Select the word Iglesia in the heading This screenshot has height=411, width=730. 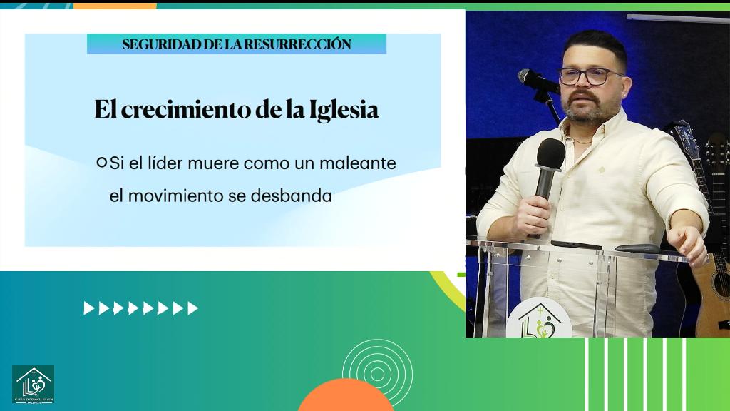point(344,111)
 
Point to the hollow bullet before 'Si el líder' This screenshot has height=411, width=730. point(101,163)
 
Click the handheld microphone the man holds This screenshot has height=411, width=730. point(549,164)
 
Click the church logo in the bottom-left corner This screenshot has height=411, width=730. point(33,384)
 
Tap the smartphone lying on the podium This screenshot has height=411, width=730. point(576,245)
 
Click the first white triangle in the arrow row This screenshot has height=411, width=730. point(88,308)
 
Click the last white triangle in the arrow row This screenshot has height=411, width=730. point(193,308)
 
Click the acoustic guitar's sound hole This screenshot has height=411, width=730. point(721,284)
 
